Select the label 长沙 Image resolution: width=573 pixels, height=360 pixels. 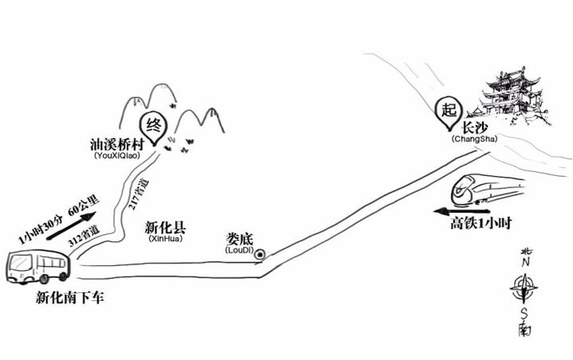tap(475, 128)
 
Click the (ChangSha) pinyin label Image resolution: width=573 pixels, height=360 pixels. tap(472, 140)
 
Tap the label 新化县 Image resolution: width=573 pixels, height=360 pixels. tap(164, 228)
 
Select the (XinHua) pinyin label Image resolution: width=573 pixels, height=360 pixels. tap(165, 241)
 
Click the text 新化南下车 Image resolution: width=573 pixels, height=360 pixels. tap(70, 298)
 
